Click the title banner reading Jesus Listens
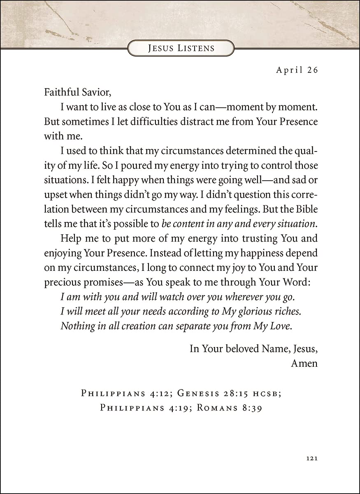tap(181, 48)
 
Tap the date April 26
tap(297, 70)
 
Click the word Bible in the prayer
tap(305, 210)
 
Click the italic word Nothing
tap(75, 326)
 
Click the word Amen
tap(304, 364)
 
